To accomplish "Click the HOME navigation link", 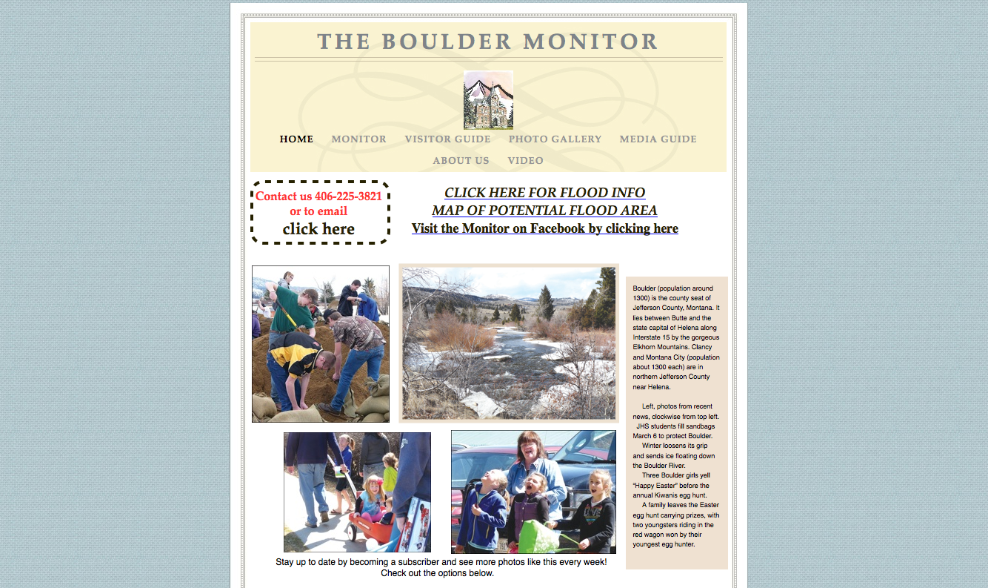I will pyautogui.click(x=296, y=139).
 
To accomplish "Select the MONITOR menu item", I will pyautogui.click(x=358, y=139).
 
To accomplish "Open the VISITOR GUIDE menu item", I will pyautogui.click(x=447, y=139).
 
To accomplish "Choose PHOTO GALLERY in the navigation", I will pyautogui.click(x=555, y=139).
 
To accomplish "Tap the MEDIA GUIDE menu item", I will pyautogui.click(x=658, y=139).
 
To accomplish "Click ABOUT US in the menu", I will pyautogui.click(x=461, y=161).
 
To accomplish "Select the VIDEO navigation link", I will pyautogui.click(x=525, y=161).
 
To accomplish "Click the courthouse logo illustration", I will pyautogui.click(x=488, y=100).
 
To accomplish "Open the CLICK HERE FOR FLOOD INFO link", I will pyautogui.click(x=544, y=193).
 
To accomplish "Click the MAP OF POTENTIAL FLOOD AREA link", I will pyautogui.click(x=544, y=211).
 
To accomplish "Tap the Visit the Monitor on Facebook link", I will pyautogui.click(x=544, y=228).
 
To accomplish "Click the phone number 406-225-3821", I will pyautogui.click(x=348, y=196).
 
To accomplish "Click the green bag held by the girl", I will pyautogui.click(x=537, y=537).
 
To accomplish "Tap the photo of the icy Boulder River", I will pyautogui.click(x=509, y=343).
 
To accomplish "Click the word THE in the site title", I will pyautogui.click(x=344, y=42).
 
